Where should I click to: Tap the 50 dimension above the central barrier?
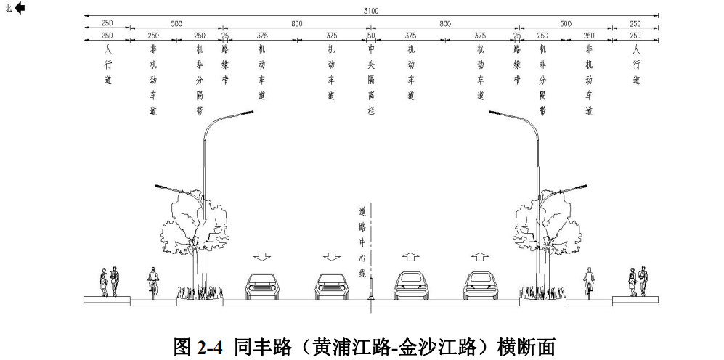pos(370,35)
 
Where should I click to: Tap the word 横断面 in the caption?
pos(523,346)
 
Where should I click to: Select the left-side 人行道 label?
pos(107,65)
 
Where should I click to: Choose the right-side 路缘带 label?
pos(516,65)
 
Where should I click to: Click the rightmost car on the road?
pos(479,286)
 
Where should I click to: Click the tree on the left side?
pos(181,225)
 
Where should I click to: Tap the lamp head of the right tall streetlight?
pos(495,112)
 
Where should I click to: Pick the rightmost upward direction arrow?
pos(479,256)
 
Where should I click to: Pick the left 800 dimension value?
pos(297,23)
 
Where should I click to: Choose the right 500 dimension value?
pos(565,23)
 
